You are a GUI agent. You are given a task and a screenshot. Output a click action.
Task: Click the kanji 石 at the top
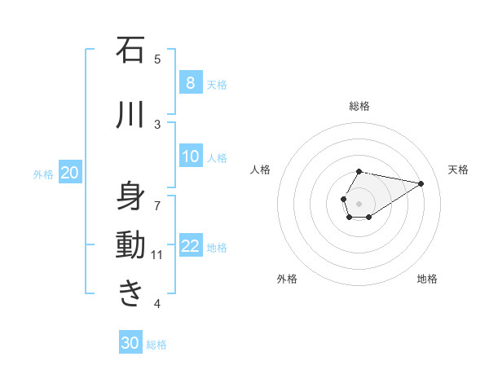[x=130, y=51]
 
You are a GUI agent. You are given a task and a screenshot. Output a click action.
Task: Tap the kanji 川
[x=130, y=115]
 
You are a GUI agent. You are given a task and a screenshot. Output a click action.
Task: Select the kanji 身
[x=130, y=196]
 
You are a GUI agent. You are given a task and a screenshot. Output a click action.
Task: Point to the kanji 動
[x=130, y=245]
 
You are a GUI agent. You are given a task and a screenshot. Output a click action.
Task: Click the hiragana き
[x=130, y=293]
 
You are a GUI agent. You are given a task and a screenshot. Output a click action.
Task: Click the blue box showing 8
[x=190, y=83]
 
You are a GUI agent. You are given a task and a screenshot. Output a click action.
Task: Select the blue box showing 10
[x=190, y=156]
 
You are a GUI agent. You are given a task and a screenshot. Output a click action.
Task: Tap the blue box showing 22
[x=190, y=246]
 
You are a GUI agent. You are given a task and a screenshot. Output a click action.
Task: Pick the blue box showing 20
[x=70, y=173]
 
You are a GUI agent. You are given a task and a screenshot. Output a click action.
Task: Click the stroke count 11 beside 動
[x=157, y=255]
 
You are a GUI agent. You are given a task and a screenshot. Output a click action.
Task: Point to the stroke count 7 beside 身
[x=157, y=205]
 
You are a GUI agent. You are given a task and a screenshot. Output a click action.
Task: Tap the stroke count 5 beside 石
[x=157, y=59]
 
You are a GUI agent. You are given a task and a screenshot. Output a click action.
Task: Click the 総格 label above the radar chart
[x=359, y=106]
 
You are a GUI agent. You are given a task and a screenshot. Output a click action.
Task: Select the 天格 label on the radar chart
[x=459, y=169]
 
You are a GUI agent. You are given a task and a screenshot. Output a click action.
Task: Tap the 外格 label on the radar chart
[x=287, y=279]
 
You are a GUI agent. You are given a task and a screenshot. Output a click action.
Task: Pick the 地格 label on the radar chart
[x=427, y=279]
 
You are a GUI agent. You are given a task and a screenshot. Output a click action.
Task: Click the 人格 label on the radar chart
[x=261, y=169]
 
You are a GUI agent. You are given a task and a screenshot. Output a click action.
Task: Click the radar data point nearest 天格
[x=421, y=183]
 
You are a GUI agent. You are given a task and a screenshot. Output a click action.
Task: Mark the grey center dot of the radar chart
[x=359, y=202]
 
